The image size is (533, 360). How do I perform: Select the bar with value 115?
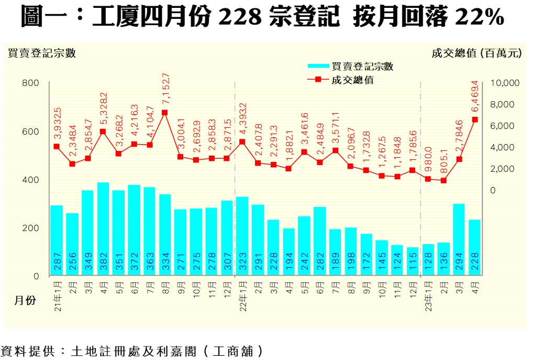(413, 261)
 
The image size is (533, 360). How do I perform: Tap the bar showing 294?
(459, 239)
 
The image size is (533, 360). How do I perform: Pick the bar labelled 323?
(242, 236)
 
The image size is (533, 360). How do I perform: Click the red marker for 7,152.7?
(165, 112)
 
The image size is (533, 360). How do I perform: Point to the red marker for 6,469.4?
(475, 119)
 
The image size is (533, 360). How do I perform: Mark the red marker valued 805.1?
(443, 180)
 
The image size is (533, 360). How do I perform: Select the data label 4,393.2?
(242, 119)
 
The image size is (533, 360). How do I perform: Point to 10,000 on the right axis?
(504, 83)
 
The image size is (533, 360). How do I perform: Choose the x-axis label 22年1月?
(243, 295)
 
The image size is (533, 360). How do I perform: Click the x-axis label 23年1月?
(428, 295)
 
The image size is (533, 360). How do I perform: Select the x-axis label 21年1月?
(57, 295)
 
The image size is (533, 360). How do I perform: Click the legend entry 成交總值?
(352, 80)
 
